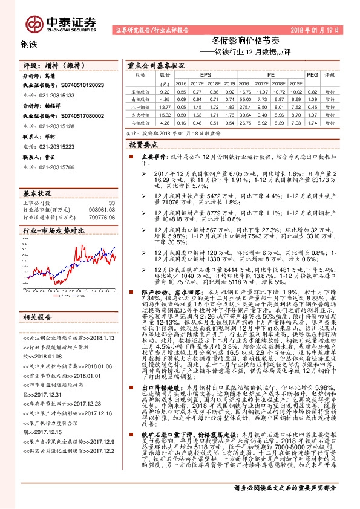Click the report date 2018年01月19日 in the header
click(x=319, y=29)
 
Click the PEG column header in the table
click(x=312, y=76)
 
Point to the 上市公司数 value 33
click(x=110, y=203)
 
